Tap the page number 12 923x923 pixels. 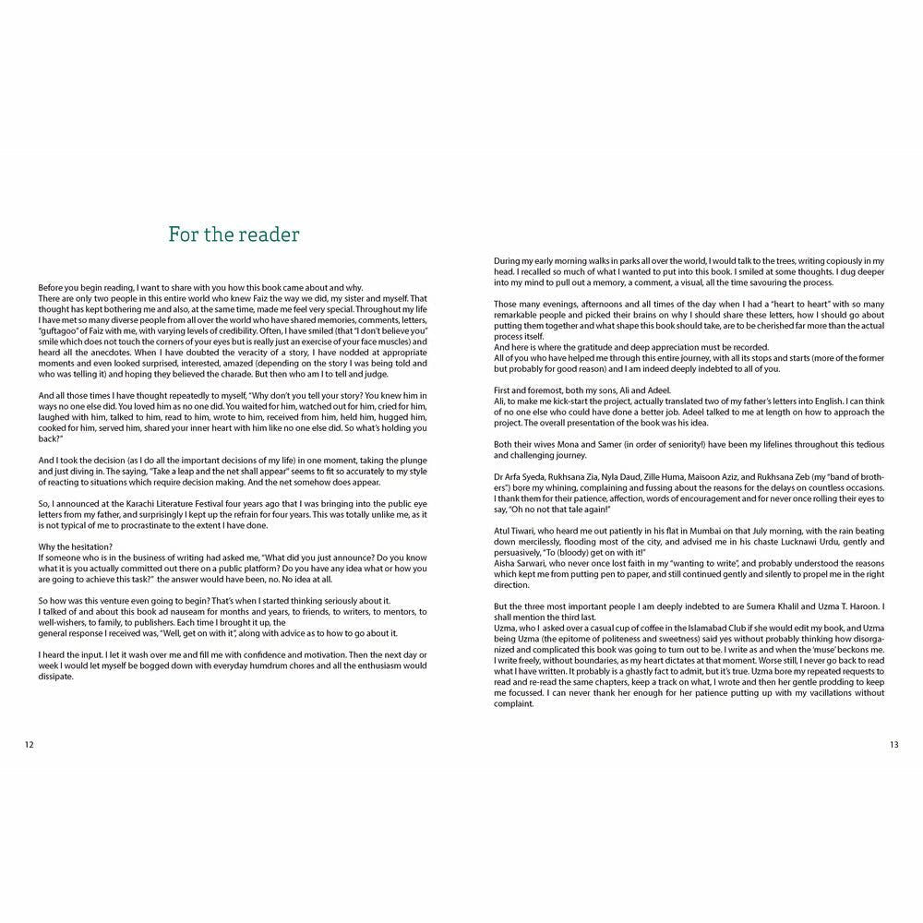pos(30,746)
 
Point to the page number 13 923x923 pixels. pos(893,746)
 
